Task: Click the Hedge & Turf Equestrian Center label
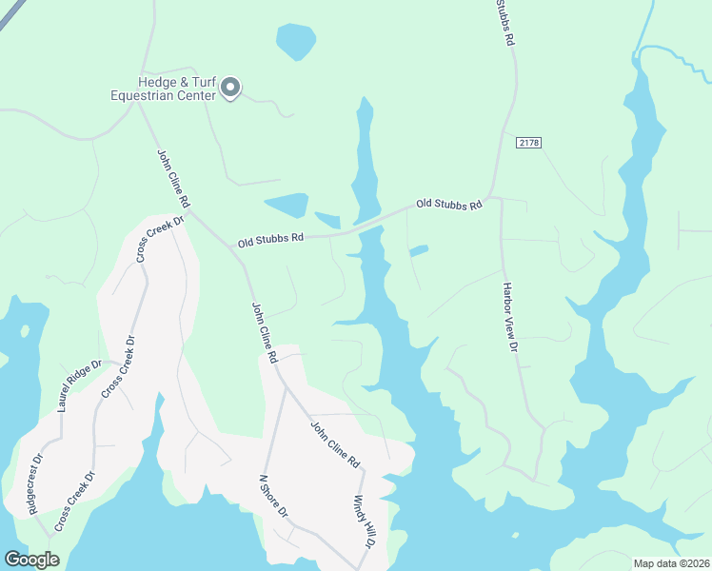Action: point(165,89)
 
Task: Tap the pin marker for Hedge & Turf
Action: point(229,89)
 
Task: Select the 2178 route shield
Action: point(529,142)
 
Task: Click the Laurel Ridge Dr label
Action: point(78,385)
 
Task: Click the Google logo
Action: point(31,559)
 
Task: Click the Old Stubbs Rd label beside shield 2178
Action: point(448,204)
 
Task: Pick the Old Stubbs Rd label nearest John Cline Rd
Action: point(270,239)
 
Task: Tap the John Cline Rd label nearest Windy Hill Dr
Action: point(334,443)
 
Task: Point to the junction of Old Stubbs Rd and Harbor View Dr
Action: point(498,199)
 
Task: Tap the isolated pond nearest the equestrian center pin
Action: point(295,41)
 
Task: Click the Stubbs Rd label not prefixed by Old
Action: point(504,23)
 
